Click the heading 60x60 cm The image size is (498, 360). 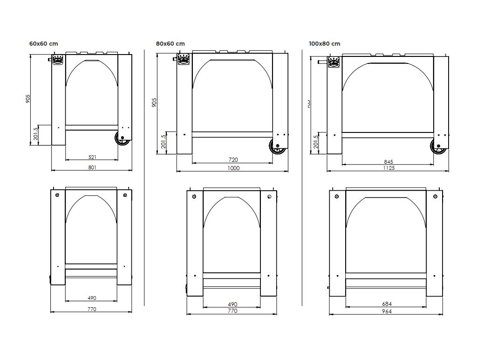point(43,43)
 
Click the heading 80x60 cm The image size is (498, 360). point(170,43)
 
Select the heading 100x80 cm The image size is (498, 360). point(324,43)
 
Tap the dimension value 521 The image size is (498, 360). point(92,157)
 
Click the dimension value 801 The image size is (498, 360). point(92,167)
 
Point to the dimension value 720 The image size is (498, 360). point(233,160)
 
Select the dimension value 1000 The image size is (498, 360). point(233,168)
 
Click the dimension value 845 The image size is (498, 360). point(388,162)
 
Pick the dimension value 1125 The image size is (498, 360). point(389,168)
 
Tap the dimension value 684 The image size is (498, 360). point(387,304)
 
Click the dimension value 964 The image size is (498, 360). point(387,312)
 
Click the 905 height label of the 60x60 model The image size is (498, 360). point(28,99)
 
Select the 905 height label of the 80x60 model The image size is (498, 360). point(155,102)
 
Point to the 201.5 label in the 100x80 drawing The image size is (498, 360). point(316,141)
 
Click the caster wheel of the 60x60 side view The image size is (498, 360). point(123,138)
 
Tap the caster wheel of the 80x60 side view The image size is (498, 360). point(278,146)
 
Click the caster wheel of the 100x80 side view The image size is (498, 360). point(438,146)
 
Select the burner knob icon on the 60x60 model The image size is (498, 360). point(58,61)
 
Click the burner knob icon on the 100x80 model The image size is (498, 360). point(334,62)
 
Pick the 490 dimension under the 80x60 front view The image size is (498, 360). point(232,304)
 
